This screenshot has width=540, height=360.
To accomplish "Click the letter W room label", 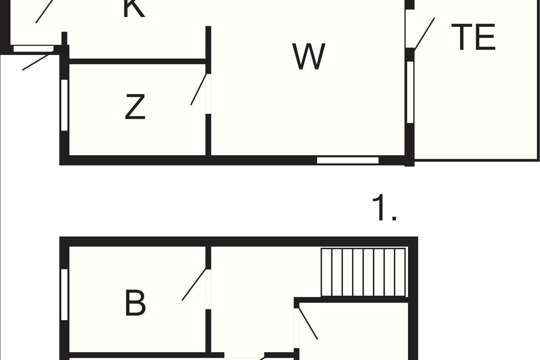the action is [x=309, y=57].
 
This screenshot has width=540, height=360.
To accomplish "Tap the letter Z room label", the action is [x=135, y=107].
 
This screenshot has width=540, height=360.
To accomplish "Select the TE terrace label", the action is [x=473, y=37].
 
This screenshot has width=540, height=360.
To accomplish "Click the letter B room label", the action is [x=135, y=303].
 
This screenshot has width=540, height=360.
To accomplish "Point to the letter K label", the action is [x=134, y=9].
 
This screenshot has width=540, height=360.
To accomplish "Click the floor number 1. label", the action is [x=384, y=207].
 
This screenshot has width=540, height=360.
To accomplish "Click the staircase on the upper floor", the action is [x=363, y=272].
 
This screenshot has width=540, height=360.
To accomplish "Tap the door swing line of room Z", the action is [x=198, y=89].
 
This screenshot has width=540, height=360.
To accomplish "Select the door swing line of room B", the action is [x=194, y=284].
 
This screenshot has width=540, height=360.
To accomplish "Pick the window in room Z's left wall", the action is [x=64, y=105].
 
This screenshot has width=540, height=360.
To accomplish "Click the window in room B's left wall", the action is [x=64, y=295].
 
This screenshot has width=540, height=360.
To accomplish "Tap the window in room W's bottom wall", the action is [x=347, y=160].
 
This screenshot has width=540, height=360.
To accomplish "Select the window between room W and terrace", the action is [x=410, y=92].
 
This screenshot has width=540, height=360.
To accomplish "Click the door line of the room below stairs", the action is [x=308, y=324].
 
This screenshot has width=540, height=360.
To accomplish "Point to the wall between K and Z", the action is [x=137, y=61].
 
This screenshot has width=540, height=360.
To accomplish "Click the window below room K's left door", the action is [x=33, y=49].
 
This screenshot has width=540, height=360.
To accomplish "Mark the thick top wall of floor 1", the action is [x=238, y=242].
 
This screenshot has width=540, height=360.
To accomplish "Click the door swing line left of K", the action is [x=45, y=12].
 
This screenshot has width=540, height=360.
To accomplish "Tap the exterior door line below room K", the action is [x=36, y=62].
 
